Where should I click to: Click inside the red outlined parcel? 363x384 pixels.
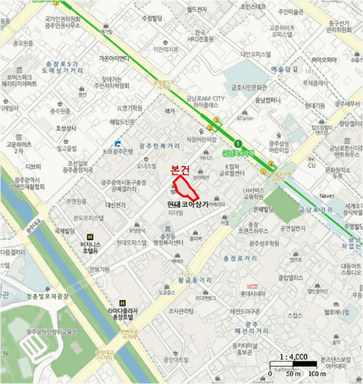click(185, 187)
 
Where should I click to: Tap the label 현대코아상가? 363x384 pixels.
click(189, 203)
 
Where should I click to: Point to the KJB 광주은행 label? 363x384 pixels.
click(119, 150)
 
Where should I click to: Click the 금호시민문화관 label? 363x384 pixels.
click(249, 87)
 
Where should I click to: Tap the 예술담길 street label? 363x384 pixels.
click(285, 69)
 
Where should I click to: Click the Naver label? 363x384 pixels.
click(327, 195)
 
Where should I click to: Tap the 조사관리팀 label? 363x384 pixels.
click(180, 311)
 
